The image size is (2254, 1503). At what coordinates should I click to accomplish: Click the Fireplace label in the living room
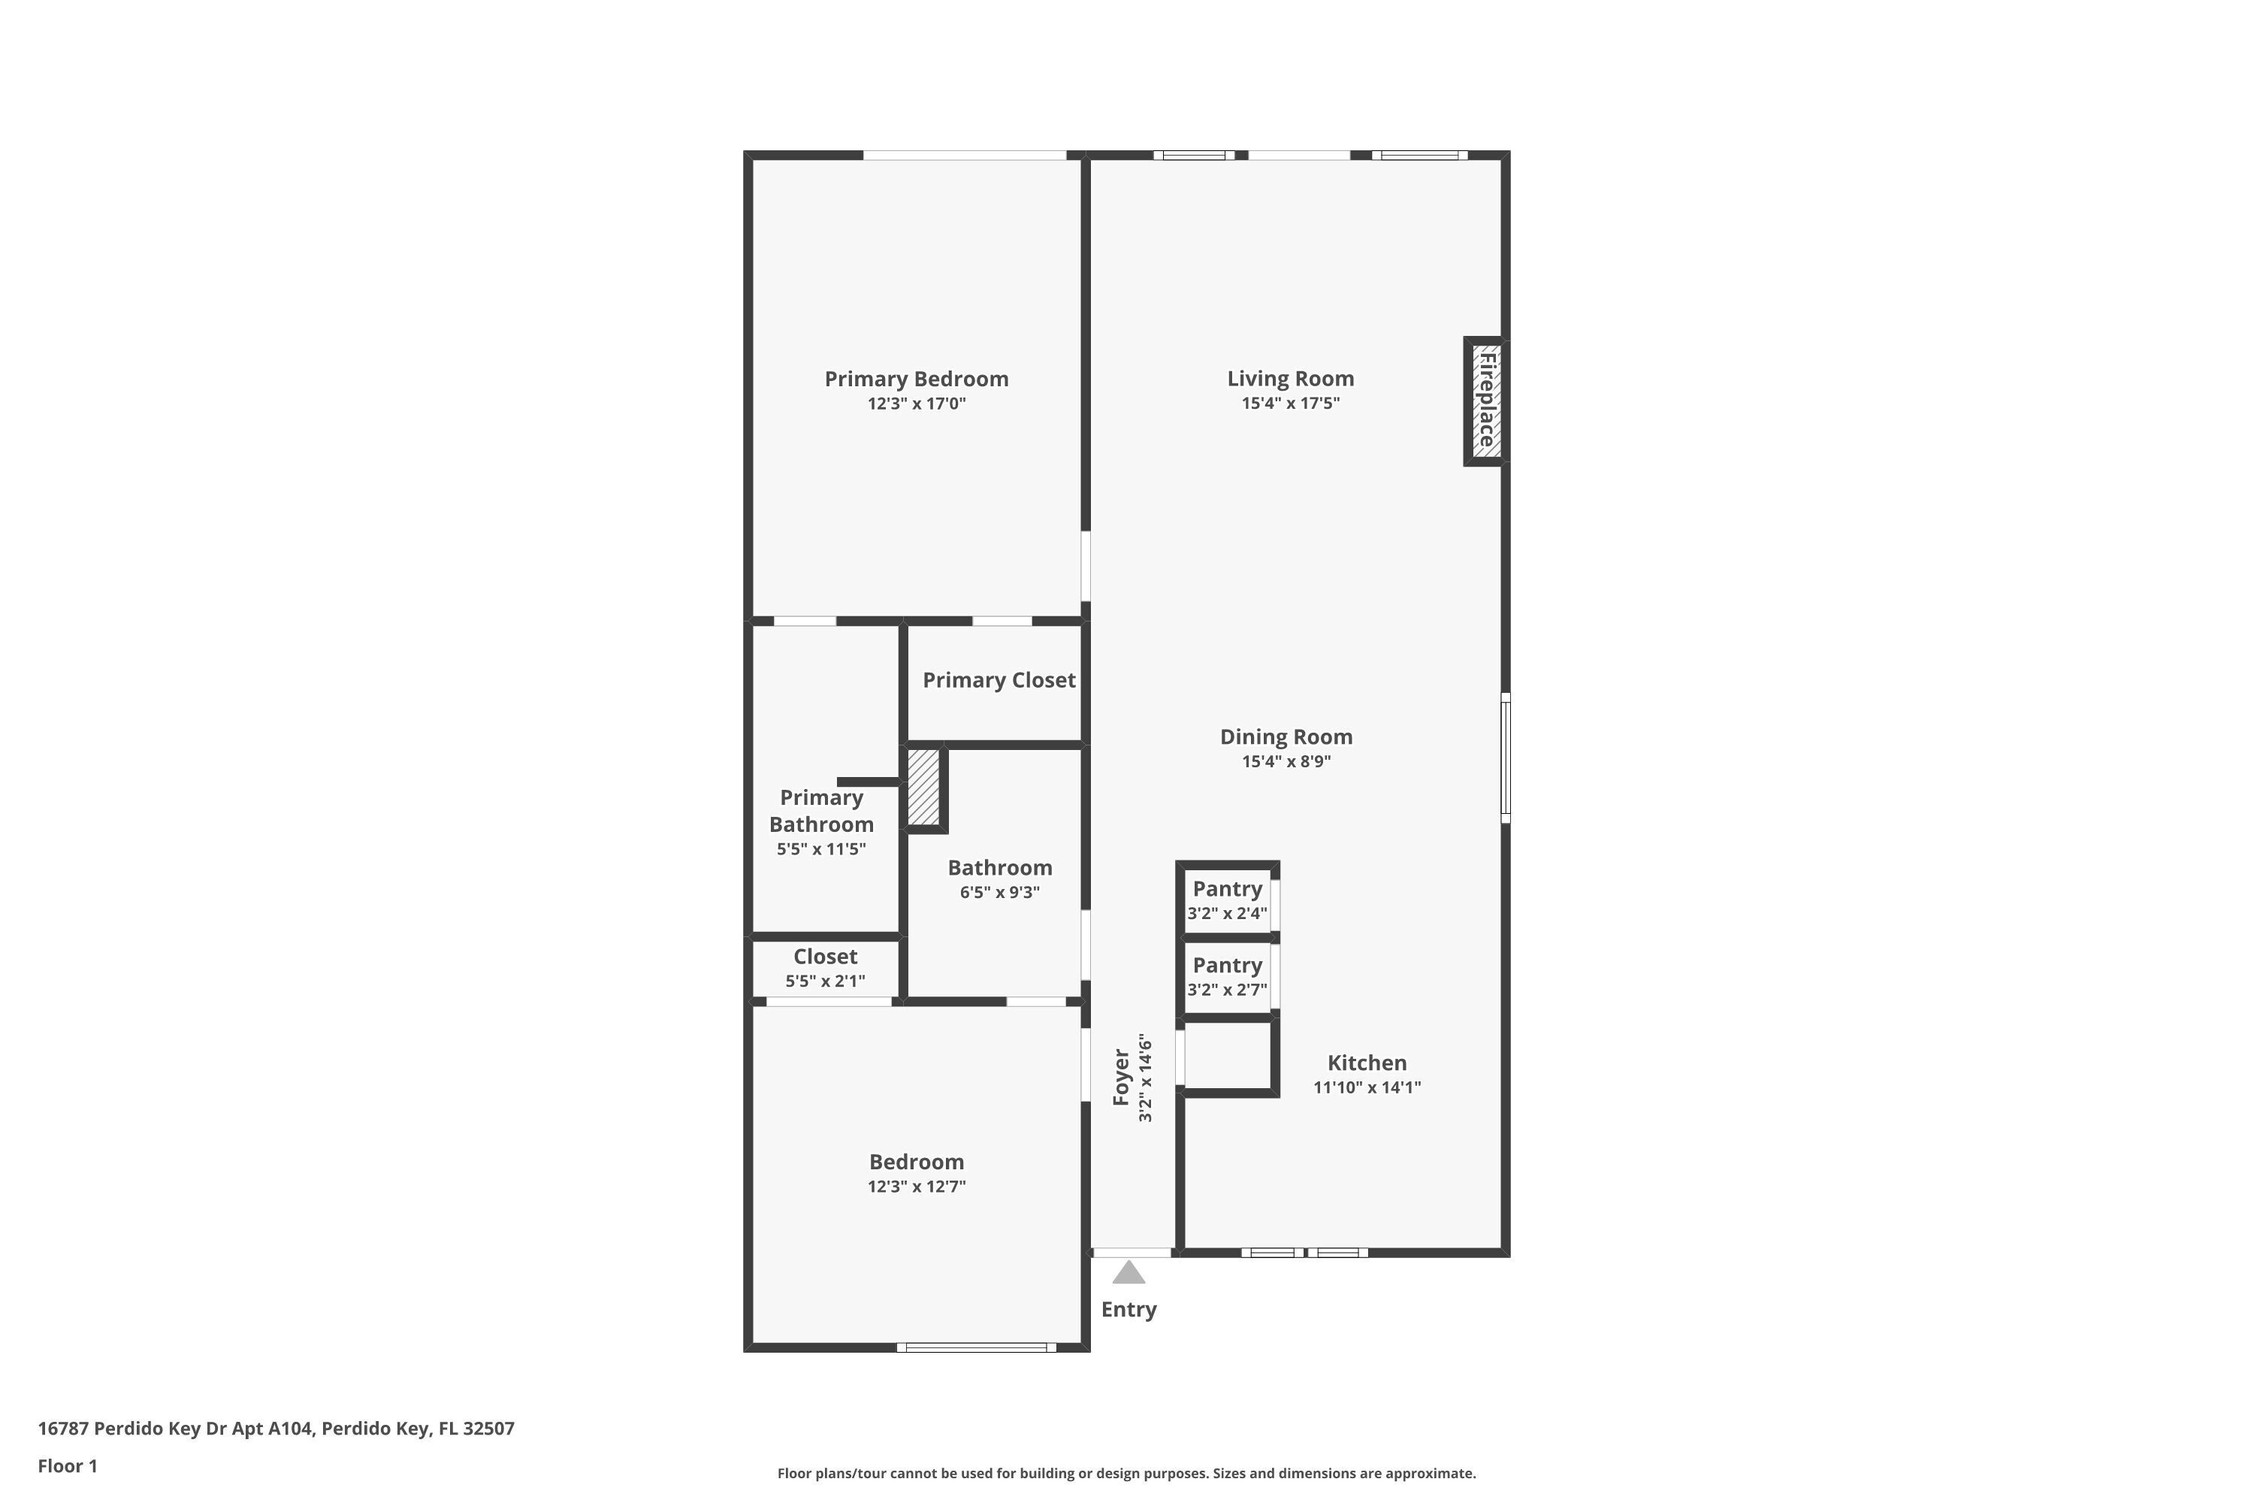(1488, 401)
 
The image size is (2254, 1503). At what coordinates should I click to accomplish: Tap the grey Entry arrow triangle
(1129, 1272)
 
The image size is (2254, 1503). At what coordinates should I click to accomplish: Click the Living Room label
(1290, 379)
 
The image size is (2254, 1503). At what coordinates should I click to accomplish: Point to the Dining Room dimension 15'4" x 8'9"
(1286, 762)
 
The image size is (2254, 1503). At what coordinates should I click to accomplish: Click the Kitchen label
(1367, 1063)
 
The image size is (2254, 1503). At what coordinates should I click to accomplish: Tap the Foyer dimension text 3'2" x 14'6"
(1145, 1078)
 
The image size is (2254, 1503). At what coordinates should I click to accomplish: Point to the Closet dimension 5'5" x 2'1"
(825, 981)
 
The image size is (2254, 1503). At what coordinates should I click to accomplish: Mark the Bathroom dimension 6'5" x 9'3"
(999, 893)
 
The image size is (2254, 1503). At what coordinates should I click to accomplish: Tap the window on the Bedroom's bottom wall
(977, 1347)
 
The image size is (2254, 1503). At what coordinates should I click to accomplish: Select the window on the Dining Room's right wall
(1506, 758)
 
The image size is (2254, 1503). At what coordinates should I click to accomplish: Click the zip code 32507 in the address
(489, 1429)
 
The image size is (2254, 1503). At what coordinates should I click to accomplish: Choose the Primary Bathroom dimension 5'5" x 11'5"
(821, 849)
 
